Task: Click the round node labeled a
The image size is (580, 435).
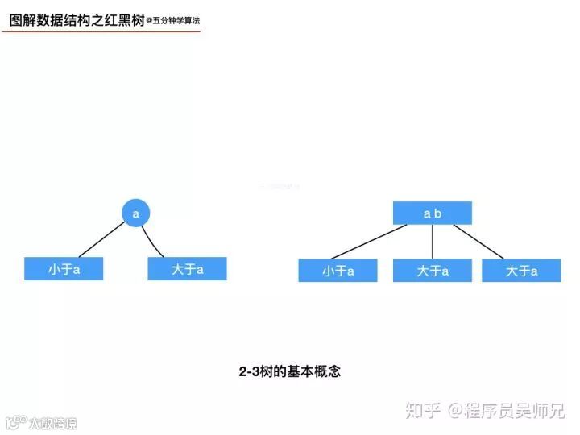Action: click(x=136, y=213)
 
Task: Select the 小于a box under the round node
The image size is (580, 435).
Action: click(x=64, y=269)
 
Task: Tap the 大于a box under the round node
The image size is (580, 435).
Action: click(x=187, y=269)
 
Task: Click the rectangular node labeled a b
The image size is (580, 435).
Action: click(x=433, y=213)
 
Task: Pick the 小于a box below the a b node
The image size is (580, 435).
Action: click(x=338, y=271)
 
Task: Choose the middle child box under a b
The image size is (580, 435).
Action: click(x=433, y=271)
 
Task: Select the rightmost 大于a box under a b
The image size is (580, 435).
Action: click(x=521, y=271)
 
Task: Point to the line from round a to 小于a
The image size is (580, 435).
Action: click(x=97, y=242)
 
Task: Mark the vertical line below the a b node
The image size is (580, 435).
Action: click(x=433, y=242)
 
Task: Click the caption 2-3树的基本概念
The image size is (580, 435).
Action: click(x=290, y=372)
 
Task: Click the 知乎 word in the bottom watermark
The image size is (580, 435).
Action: click(x=423, y=411)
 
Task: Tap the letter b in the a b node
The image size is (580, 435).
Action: click(x=438, y=213)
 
